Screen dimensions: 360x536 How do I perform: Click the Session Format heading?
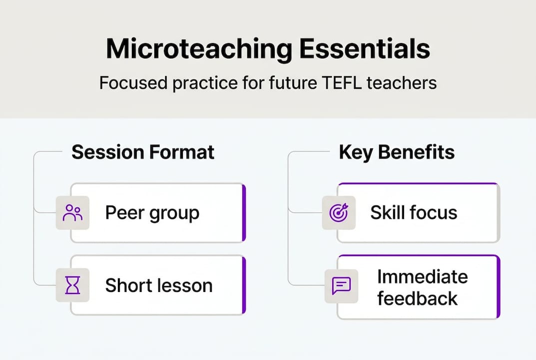[143, 152]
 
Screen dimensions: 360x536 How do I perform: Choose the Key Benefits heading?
[397, 152]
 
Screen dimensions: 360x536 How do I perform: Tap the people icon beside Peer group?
[73, 212]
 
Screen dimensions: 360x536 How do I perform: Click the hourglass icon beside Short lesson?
[73, 285]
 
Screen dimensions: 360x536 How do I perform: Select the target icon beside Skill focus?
[339, 212]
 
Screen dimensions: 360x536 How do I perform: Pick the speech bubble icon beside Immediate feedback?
[341, 286]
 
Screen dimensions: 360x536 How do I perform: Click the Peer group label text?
[152, 213]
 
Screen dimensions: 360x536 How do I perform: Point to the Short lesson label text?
[159, 285]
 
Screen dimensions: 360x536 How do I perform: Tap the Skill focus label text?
[414, 213]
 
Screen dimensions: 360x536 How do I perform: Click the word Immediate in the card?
[422, 276]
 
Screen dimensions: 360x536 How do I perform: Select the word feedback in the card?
[417, 298]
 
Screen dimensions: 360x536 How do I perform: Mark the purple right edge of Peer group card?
[244, 212]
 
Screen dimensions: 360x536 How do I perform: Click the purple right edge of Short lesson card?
[244, 285]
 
